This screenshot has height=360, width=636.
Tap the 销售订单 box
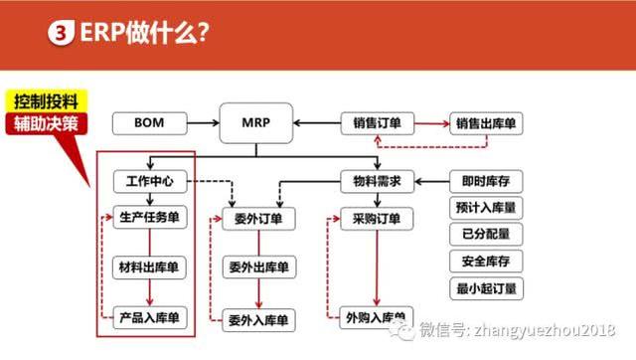pos(377,123)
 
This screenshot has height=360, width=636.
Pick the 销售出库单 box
pos(490,123)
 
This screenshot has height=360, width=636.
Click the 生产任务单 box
pos(148,219)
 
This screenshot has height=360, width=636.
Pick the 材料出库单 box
pos(148,268)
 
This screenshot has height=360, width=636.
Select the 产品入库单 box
pos(148,317)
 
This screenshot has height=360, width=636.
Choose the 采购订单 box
pos(377,219)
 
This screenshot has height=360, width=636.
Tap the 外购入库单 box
pos(377,317)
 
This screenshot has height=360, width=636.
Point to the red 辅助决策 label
pos(46,125)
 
